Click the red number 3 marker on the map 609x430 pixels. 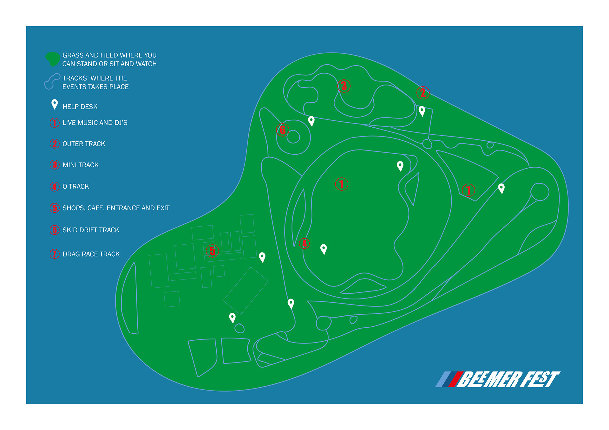(x=344, y=86)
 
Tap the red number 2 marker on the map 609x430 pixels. (x=423, y=93)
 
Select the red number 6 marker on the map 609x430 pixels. (x=283, y=130)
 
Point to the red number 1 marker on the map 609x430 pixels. (x=342, y=184)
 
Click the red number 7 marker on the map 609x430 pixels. (x=468, y=190)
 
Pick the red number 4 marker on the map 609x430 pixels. (x=304, y=243)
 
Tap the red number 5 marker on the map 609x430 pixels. (x=212, y=251)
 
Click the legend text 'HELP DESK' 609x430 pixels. (x=80, y=107)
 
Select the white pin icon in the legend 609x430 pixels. (x=55, y=104)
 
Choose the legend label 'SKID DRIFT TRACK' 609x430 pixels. (x=91, y=230)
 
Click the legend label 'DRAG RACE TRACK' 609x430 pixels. (x=91, y=254)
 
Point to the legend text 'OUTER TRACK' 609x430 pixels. (x=84, y=144)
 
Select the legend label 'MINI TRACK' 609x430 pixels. (x=81, y=165)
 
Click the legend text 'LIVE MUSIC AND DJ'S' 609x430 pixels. (x=95, y=123)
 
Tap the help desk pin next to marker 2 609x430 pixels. (x=422, y=111)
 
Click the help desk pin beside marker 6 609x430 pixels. (x=311, y=121)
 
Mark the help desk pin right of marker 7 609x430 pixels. (x=501, y=188)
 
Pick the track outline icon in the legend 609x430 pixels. (x=52, y=81)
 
